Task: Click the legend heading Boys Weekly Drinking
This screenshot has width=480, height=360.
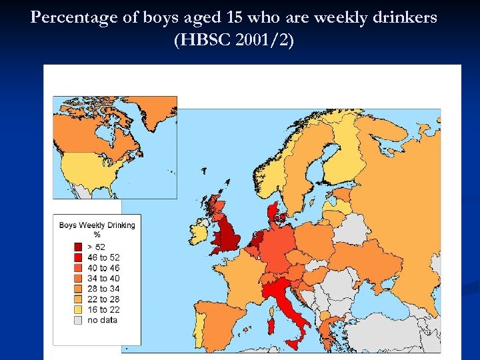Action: click(97, 225)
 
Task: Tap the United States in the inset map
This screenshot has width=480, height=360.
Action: click(90, 170)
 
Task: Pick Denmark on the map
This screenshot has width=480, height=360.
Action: click(273, 213)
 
